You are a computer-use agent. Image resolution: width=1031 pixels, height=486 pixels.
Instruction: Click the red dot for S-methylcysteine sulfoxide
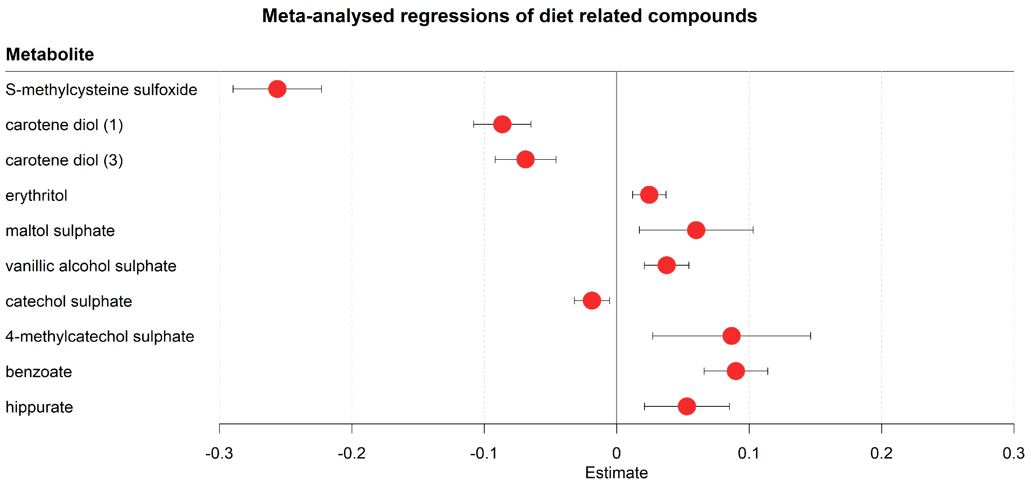(277, 89)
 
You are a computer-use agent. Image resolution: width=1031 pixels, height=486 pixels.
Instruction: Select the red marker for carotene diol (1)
(502, 124)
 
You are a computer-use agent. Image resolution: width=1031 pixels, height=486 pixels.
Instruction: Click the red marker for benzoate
(735, 371)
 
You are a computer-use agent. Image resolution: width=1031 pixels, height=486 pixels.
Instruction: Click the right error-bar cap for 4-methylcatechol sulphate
(810, 336)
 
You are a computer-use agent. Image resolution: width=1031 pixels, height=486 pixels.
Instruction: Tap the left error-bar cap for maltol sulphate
(639, 230)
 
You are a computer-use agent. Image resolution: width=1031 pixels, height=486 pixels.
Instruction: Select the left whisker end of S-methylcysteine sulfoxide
(233, 89)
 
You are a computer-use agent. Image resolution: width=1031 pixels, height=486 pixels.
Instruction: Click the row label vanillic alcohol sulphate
(91, 266)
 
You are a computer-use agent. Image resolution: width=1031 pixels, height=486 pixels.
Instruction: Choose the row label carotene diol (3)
(64, 160)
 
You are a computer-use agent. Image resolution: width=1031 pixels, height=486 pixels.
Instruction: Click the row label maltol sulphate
(60, 231)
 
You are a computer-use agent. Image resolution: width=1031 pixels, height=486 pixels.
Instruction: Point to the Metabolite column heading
(50, 54)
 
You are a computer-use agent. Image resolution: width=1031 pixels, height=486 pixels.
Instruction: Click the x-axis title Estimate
(616, 473)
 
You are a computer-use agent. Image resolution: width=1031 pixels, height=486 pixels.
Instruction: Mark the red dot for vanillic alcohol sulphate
(666, 265)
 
